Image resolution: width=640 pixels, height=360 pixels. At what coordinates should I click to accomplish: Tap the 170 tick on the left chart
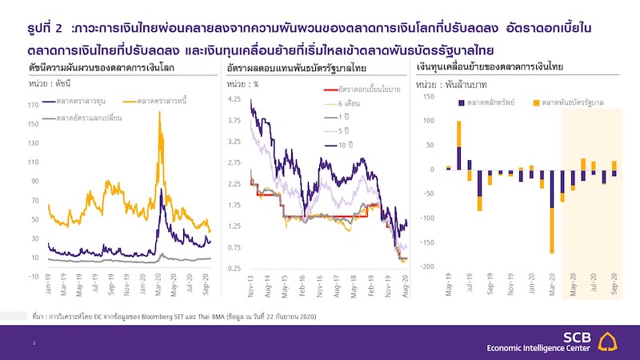coord(34,104)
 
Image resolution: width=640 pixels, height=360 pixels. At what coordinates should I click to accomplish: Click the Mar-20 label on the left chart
coord(160,288)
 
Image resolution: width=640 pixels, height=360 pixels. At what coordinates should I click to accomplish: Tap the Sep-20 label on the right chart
coord(614,286)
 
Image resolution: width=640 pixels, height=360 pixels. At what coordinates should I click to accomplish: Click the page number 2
coord(34,342)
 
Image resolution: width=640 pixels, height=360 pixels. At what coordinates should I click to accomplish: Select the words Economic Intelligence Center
coord(545,348)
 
